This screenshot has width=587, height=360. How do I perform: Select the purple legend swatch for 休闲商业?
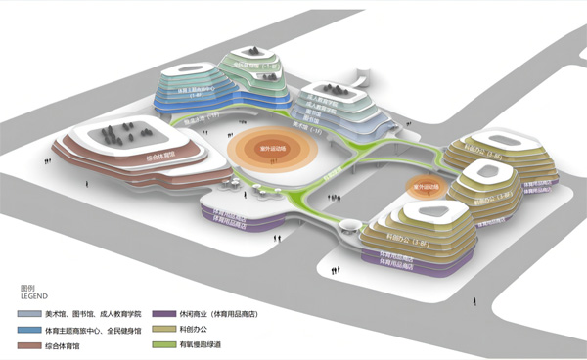[x=162, y=314]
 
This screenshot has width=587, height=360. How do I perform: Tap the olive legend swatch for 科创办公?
[x=162, y=330]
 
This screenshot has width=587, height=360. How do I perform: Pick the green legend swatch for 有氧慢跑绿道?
[x=162, y=344]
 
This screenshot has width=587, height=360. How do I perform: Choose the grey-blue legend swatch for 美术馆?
[x=27, y=314]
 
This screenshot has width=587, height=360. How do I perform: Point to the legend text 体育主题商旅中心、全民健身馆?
[x=87, y=330]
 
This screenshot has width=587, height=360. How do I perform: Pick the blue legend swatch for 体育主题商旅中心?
[x=27, y=330]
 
